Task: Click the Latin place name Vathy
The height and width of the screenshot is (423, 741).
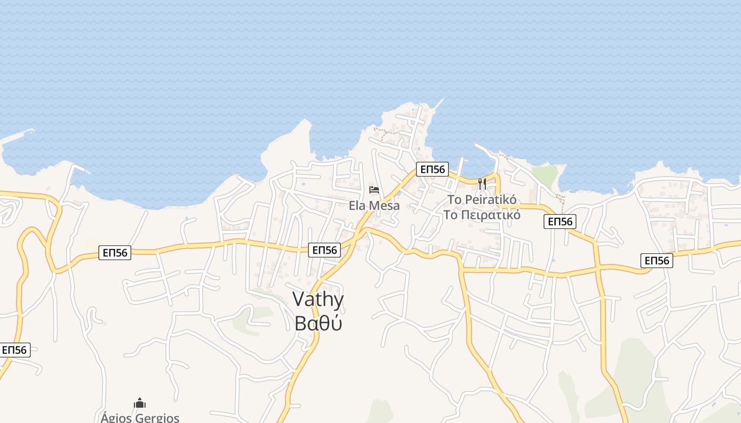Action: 318,300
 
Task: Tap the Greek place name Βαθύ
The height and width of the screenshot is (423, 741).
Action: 318,323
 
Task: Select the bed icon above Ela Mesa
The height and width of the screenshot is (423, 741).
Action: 374,189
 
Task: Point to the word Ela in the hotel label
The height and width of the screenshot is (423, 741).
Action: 357,205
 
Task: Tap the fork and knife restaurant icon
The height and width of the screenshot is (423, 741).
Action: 482,184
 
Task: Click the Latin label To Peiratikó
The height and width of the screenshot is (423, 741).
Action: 482,200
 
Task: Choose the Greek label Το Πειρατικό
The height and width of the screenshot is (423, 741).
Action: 482,215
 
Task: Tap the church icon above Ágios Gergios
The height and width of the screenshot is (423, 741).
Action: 140,403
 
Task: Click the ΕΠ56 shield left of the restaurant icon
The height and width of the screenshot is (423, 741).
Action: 432,169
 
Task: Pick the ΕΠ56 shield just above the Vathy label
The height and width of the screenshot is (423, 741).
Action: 324,250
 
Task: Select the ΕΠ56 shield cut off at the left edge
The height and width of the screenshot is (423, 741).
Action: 14,350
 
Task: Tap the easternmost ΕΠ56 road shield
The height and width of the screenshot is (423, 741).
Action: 656,260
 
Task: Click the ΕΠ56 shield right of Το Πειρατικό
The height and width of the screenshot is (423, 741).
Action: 560,222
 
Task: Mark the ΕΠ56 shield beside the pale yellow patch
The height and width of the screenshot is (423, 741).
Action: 115,253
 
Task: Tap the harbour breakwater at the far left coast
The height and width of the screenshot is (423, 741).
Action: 19,134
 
